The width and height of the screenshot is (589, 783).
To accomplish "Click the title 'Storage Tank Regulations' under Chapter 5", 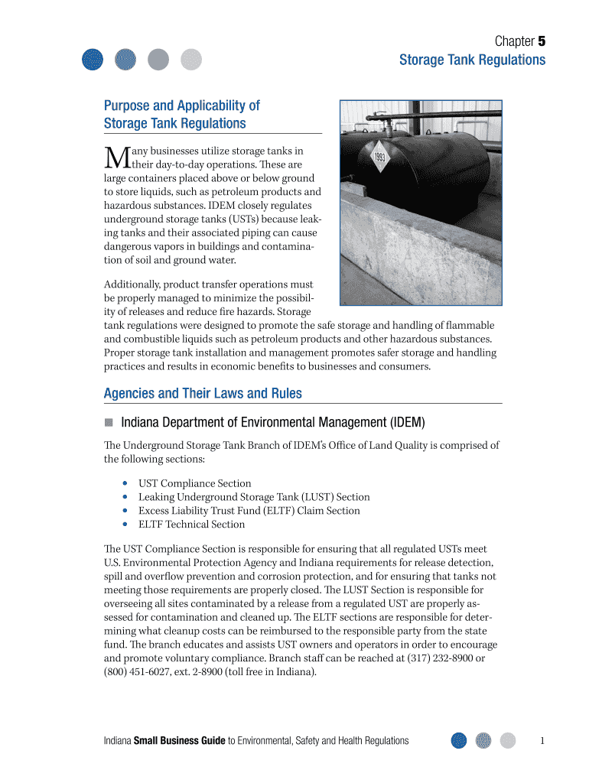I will point(472,60).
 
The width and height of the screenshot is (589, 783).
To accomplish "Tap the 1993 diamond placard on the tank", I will point(381,158).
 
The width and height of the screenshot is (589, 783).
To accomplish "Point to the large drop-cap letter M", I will point(112,158).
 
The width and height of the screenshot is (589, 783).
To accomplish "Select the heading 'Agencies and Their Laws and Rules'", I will point(203,394).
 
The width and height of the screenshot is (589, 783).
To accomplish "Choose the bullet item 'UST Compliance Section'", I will point(194,483).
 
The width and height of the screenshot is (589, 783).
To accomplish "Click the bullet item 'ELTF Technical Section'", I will point(191,525).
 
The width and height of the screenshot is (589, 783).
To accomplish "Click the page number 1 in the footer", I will point(542,740).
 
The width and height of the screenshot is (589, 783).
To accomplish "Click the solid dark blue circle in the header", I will point(93,59).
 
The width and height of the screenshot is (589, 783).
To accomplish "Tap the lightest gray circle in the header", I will point(191,59).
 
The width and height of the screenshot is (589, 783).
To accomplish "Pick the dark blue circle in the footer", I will point(459,740).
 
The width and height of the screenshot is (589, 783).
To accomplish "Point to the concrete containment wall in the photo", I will point(413,252).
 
